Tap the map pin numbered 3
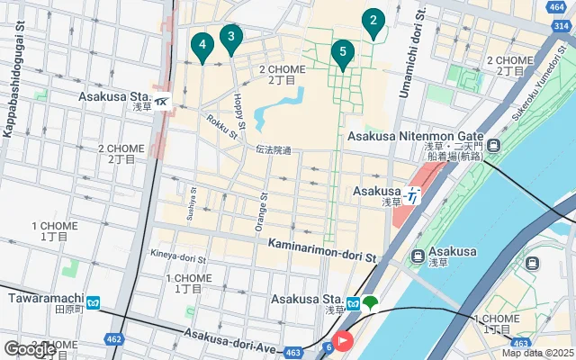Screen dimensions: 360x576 coord(231,38)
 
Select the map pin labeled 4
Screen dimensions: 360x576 coord(202,45)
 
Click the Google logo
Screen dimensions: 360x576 coord(29,349)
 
